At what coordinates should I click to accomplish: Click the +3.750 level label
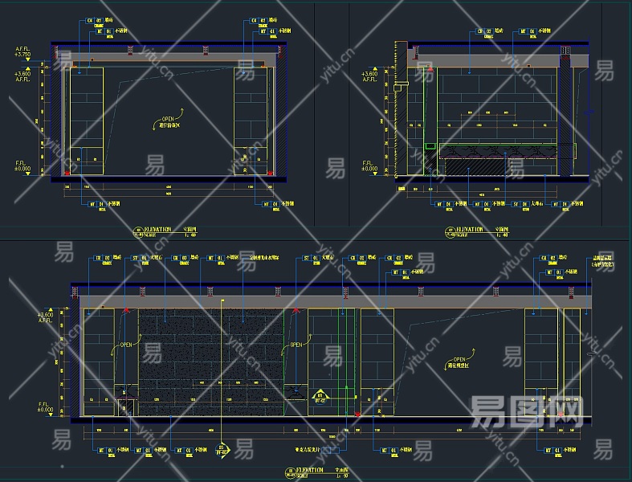(x=22, y=53)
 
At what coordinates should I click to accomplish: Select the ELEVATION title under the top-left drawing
(x=157, y=230)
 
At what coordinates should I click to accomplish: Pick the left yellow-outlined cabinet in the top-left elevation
(x=87, y=120)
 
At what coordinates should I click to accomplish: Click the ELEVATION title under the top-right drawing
(x=469, y=230)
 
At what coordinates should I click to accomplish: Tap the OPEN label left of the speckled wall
(x=126, y=345)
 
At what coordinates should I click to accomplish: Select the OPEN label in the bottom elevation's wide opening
(x=459, y=360)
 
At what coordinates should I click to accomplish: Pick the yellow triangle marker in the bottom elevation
(x=319, y=396)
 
